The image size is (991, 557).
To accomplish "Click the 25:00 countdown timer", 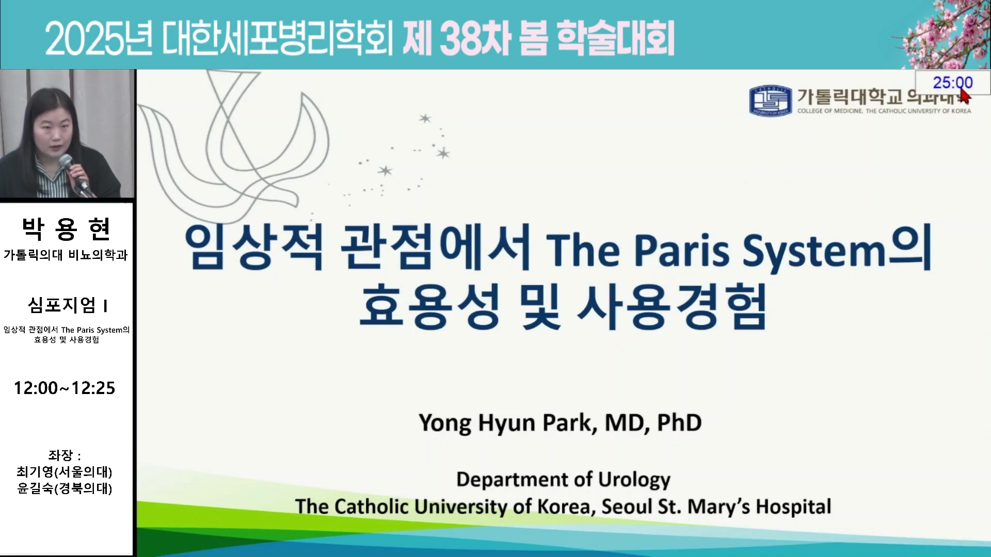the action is click(x=952, y=83).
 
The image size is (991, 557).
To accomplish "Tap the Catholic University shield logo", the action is click(x=771, y=101).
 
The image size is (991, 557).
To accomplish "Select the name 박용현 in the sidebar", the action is click(x=66, y=229).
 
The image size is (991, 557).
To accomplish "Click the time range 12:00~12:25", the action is click(x=65, y=388).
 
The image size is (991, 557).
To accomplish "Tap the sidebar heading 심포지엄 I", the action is click(x=68, y=305).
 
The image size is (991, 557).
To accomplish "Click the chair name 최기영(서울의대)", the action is click(x=65, y=472).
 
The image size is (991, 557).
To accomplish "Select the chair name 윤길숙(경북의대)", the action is click(x=65, y=488).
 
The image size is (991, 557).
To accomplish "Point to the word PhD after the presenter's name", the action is click(x=679, y=422).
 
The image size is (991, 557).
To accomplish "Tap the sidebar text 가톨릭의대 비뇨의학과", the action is click(x=66, y=255).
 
